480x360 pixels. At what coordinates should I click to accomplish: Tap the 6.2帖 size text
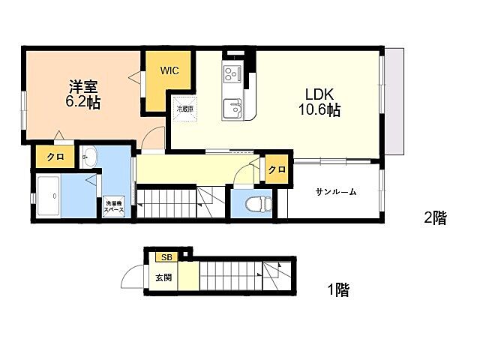(82, 103)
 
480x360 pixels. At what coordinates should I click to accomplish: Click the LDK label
(319, 94)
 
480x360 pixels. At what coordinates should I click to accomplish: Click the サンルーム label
(335, 192)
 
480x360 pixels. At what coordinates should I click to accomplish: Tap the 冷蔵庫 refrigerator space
(184, 109)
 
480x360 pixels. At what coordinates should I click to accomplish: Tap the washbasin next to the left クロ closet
(89, 157)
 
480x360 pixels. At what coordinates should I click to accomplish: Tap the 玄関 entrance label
(163, 277)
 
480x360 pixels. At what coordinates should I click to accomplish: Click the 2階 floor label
(434, 218)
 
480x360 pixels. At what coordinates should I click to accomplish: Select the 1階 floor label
(337, 289)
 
